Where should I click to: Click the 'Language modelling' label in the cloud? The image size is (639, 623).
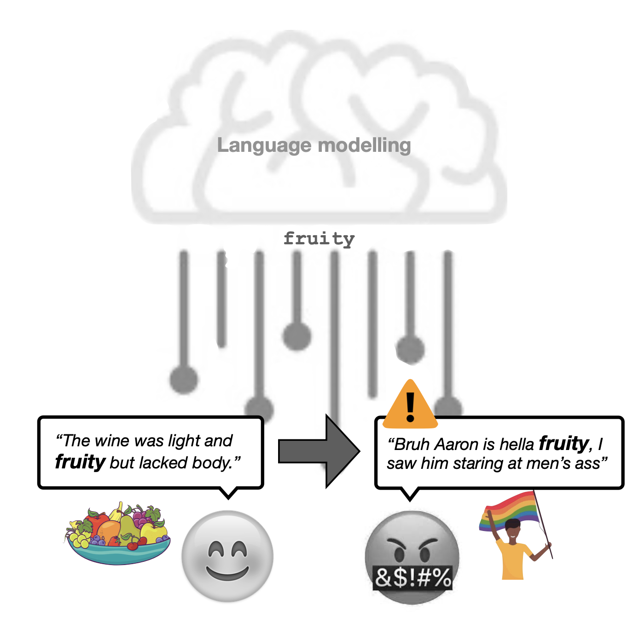pyautogui.click(x=314, y=145)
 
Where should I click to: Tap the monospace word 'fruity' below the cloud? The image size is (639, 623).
pyautogui.click(x=319, y=239)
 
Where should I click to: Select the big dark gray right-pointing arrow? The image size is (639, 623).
pyautogui.click(x=319, y=450)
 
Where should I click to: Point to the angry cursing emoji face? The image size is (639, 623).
pyautogui.click(x=412, y=548)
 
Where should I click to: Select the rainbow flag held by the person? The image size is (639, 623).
pyautogui.click(x=511, y=511)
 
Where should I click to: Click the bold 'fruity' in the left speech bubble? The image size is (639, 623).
pyautogui.click(x=80, y=462)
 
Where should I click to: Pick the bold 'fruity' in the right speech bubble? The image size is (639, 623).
pyautogui.click(x=563, y=444)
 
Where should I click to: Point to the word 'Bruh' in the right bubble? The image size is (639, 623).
pyautogui.click(x=411, y=444)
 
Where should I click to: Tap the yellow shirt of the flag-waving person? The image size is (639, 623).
pyautogui.click(x=513, y=559)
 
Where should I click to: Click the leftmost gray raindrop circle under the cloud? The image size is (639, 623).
pyautogui.click(x=184, y=380)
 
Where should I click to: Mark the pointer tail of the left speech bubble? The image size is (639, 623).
pyautogui.click(x=228, y=493)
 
